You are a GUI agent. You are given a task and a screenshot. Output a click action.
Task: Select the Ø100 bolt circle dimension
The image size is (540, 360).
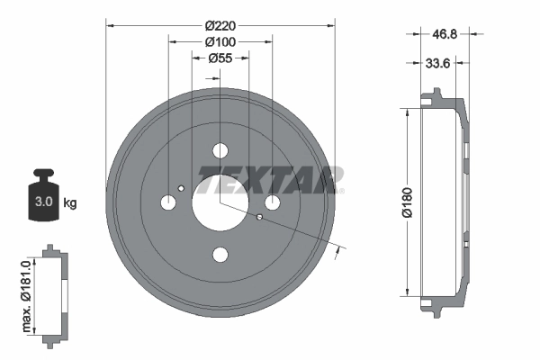coord(220,42)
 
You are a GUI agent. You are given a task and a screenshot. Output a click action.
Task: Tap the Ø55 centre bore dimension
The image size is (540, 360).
coord(220,58)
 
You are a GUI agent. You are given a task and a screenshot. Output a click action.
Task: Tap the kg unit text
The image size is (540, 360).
coord(69,203)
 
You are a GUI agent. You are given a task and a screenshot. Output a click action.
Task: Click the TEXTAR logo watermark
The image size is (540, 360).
coord(271,180)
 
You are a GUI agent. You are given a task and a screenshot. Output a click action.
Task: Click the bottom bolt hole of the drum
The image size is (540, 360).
coord(220,255)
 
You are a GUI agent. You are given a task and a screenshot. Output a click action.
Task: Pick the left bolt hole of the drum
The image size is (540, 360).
coord(168,203)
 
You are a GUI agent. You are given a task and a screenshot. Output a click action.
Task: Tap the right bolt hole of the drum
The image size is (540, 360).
coord(272,203)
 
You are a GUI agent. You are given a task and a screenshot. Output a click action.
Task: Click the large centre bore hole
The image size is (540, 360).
coord(220,203)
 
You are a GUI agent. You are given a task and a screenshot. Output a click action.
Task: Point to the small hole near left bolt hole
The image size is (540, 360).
coord(182,188)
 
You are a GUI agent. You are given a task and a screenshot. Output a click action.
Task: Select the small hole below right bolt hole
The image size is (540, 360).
coord(259,218)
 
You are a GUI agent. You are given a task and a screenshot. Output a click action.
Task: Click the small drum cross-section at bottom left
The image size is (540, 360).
coord(54,292)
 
